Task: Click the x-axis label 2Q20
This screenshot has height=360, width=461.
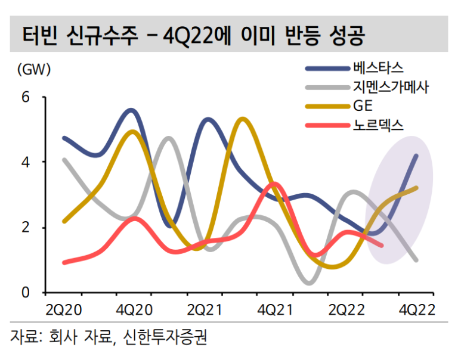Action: pyautogui.click(x=63, y=310)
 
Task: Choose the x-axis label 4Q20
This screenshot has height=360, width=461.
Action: pyautogui.click(x=134, y=310)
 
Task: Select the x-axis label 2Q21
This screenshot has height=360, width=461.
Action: pyautogui.click(x=205, y=310)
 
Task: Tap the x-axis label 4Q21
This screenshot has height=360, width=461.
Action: pyautogui.click(x=275, y=310)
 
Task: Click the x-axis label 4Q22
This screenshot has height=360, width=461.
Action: pyautogui.click(x=416, y=310)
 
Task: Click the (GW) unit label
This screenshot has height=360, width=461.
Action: pyautogui.click(x=35, y=69)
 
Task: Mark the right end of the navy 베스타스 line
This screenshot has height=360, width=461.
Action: pyautogui.click(x=416, y=156)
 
